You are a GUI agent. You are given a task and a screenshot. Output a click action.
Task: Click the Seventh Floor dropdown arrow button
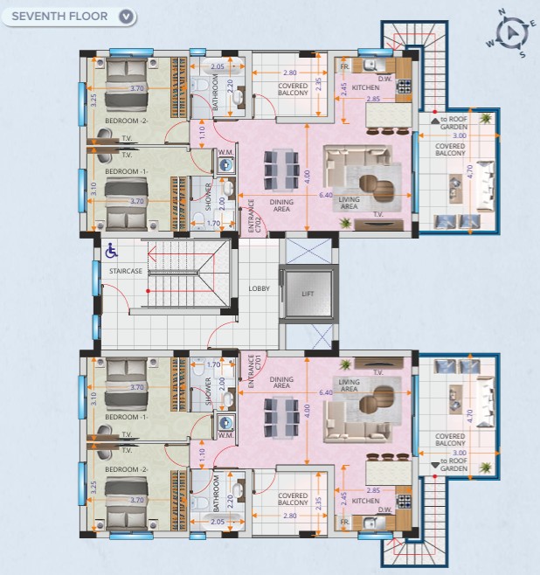click(126, 17)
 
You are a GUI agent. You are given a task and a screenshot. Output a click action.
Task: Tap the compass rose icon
click(511, 34)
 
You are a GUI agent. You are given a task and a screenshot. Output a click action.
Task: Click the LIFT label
click(308, 294)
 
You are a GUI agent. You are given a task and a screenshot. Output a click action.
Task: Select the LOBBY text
click(260, 288)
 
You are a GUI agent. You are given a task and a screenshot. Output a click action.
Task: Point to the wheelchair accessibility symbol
click(112, 251)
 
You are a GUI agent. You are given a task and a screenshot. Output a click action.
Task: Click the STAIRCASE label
click(126, 271)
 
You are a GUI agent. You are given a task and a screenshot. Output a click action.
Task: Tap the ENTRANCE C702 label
click(254, 216)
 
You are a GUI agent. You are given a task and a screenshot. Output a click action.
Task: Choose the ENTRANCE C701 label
click(254, 371)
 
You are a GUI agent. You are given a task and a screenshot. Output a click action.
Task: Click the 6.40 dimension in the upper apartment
click(326, 195)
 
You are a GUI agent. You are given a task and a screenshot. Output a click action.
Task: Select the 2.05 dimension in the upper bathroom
click(218, 66)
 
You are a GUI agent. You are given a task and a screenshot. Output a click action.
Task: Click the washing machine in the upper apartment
click(225, 165)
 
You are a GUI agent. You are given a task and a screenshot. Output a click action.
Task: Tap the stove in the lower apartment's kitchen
click(404, 501)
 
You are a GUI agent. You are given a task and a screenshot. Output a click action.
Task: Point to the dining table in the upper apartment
click(281, 170)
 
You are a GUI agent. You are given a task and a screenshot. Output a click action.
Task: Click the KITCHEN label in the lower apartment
click(365, 501)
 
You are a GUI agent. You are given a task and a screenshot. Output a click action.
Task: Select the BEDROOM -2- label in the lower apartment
click(127, 469)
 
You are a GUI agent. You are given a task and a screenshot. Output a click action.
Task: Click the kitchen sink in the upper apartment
click(370, 66)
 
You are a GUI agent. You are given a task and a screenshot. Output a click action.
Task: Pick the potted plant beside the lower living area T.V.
click(345, 364)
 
